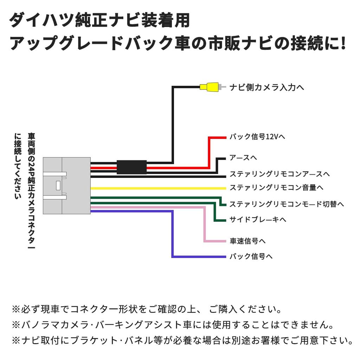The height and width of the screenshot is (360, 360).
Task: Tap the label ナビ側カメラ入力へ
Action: click(266, 88)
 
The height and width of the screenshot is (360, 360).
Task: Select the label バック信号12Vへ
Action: click(257, 137)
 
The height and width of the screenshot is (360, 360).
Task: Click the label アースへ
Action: click(243, 158)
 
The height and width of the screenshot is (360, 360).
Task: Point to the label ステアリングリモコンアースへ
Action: click(279, 174)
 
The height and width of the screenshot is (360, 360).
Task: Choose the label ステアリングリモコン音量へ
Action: click(276, 188)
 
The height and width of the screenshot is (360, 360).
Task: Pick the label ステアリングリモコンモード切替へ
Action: click(287, 204)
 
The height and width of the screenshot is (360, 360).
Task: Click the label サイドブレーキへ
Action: click(258, 220)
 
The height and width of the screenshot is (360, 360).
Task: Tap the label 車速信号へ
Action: click(247, 241)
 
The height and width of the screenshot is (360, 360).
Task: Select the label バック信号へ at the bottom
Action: click(251, 256)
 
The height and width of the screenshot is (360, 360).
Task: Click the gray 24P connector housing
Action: click(66, 185)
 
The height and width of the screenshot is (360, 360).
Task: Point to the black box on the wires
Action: click(131, 167)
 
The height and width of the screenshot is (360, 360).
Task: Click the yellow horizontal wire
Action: click(158, 188)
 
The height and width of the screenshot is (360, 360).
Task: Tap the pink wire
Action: click(204, 225)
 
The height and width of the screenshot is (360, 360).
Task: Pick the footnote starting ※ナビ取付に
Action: click(182, 340)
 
